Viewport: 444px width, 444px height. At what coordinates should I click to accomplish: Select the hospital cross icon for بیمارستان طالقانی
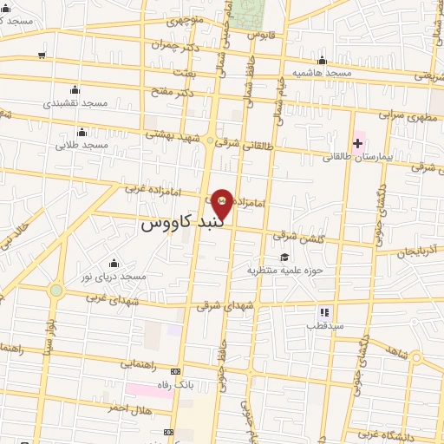[x=358, y=142]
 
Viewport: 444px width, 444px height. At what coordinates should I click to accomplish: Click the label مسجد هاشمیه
[x=322, y=73]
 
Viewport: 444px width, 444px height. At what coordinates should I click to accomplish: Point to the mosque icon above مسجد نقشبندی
[x=75, y=89]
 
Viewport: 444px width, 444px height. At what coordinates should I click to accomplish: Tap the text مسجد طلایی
[x=82, y=145]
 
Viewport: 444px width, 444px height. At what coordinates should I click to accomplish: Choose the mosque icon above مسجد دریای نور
[x=113, y=264]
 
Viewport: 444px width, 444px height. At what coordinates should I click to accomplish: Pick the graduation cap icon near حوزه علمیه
[x=284, y=257]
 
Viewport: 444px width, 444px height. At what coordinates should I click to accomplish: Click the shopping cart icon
[x=42, y=55]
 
